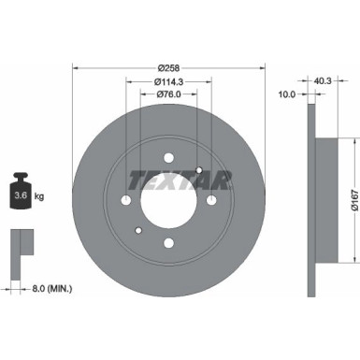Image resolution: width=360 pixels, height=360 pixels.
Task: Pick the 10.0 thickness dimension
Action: pyautogui.click(x=287, y=94)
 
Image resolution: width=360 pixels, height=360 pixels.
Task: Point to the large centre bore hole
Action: pyautogui.click(x=167, y=201)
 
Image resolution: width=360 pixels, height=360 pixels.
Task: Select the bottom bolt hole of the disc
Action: pyautogui.click(x=168, y=244)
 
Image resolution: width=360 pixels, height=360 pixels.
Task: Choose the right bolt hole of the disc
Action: pyautogui.click(x=211, y=201)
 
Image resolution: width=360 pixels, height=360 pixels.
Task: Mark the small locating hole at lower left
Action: pyautogui.click(x=137, y=231)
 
